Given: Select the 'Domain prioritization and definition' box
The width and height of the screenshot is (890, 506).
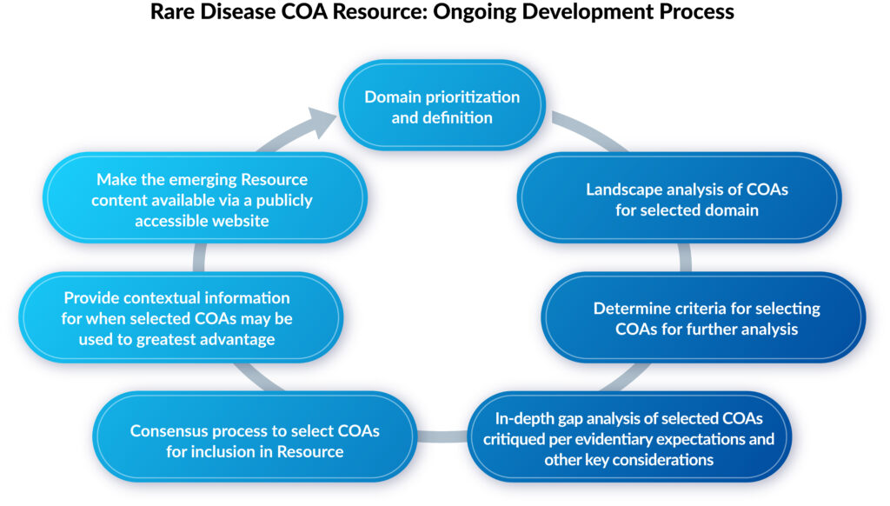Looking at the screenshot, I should (442, 106).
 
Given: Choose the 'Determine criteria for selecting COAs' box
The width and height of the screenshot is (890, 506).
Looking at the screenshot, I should (706, 318).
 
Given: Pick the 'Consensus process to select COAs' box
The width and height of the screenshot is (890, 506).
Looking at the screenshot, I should (255, 440).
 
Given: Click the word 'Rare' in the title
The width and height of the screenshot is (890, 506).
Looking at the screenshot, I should (174, 13).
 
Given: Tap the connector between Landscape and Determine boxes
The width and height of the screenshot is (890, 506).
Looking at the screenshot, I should (685, 258).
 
